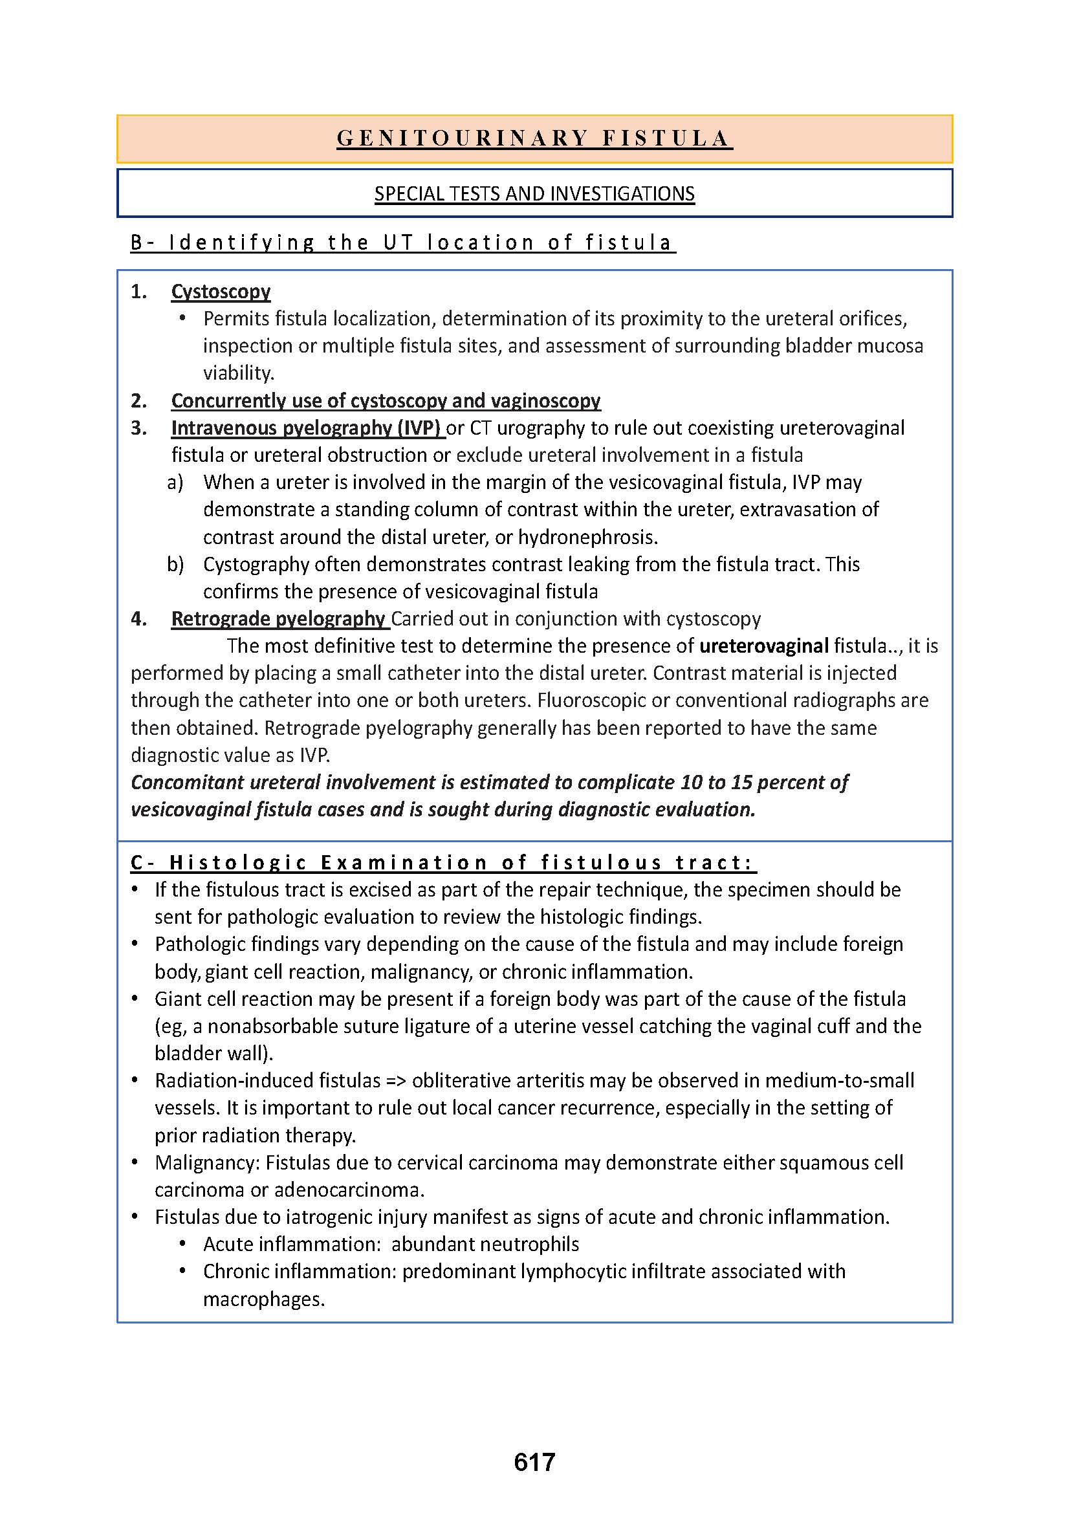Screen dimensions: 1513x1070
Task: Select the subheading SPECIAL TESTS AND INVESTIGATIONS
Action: pos(534,194)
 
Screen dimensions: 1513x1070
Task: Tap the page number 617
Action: pos(534,1463)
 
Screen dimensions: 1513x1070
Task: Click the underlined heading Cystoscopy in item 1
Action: pos(221,291)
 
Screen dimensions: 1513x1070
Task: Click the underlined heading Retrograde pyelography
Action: pos(278,619)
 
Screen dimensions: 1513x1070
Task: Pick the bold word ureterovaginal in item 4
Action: pos(763,646)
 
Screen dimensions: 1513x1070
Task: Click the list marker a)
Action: pos(175,483)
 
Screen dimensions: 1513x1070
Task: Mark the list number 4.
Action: pos(138,619)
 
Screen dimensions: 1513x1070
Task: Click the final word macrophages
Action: pos(263,1299)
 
